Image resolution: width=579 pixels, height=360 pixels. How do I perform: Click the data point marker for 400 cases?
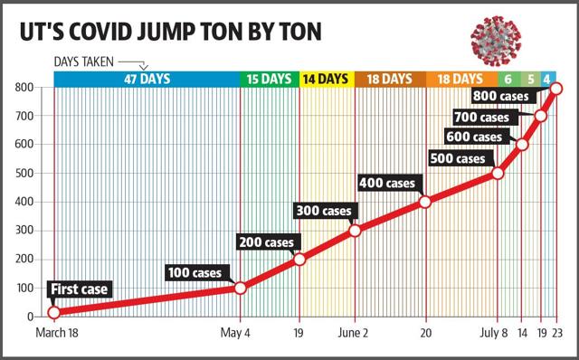click(425, 202)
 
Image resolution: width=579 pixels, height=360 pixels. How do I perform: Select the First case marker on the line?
click(54, 312)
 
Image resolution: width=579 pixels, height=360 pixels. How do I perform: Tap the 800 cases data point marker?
click(556, 89)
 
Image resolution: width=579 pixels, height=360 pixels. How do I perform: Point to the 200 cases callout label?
click(267, 242)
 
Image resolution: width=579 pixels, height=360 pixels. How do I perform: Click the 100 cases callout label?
click(195, 273)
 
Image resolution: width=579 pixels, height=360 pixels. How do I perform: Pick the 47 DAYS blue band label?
click(147, 79)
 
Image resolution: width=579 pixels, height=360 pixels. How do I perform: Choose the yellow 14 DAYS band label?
click(326, 79)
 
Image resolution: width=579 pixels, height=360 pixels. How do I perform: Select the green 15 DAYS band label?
click(269, 79)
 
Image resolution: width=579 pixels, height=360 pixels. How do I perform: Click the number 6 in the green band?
click(508, 79)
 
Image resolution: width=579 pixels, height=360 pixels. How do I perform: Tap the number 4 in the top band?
click(546, 79)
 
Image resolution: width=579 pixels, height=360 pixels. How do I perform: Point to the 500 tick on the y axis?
click(24, 173)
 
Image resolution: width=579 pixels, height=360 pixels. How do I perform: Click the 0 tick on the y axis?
click(30, 317)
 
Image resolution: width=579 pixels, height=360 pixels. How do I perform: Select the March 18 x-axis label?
click(57, 333)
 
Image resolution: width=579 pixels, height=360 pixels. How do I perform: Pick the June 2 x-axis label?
click(353, 333)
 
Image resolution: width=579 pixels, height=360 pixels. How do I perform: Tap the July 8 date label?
click(494, 333)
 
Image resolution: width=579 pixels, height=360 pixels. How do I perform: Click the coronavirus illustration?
click(496, 41)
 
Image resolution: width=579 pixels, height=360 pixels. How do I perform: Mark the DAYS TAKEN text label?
click(84, 62)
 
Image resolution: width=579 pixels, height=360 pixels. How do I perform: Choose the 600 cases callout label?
click(474, 137)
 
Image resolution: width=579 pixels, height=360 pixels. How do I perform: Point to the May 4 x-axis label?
click(235, 333)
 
